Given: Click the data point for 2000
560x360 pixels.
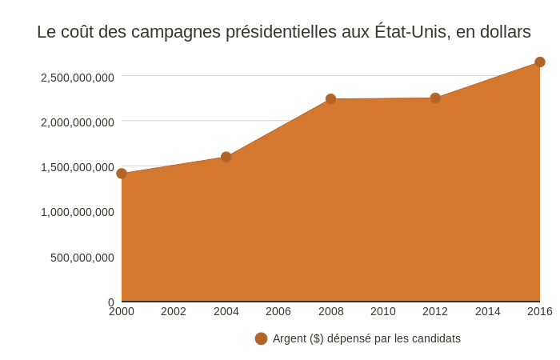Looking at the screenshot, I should (x=122, y=174).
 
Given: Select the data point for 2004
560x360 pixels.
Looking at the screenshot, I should (x=226, y=157).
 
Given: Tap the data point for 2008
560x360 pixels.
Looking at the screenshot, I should (x=330, y=99).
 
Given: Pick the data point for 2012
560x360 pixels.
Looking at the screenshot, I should (x=435, y=98).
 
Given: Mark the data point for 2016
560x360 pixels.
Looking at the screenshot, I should (x=540, y=62).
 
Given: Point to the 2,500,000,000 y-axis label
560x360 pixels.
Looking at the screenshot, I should (x=78, y=78).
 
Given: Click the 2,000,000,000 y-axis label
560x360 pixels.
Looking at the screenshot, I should (x=78, y=122).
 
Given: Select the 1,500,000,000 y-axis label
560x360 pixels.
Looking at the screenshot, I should (x=78, y=167).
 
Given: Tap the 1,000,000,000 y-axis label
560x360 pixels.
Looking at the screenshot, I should (x=78, y=212).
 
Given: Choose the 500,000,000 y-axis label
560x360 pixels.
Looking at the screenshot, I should (x=82, y=258).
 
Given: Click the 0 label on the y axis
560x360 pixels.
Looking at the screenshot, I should (x=111, y=302).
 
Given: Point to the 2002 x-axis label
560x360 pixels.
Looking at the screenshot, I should (x=174, y=311).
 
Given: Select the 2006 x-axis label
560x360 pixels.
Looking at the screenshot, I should (x=278, y=311).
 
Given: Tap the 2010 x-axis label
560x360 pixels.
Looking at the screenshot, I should (x=383, y=311).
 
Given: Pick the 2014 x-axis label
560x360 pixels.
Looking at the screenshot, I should (x=488, y=311).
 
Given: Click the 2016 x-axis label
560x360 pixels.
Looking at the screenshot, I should (x=539, y=311).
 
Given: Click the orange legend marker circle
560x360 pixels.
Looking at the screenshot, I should (x=261, y=338).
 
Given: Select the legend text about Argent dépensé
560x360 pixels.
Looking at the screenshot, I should (x=366, y=338).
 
